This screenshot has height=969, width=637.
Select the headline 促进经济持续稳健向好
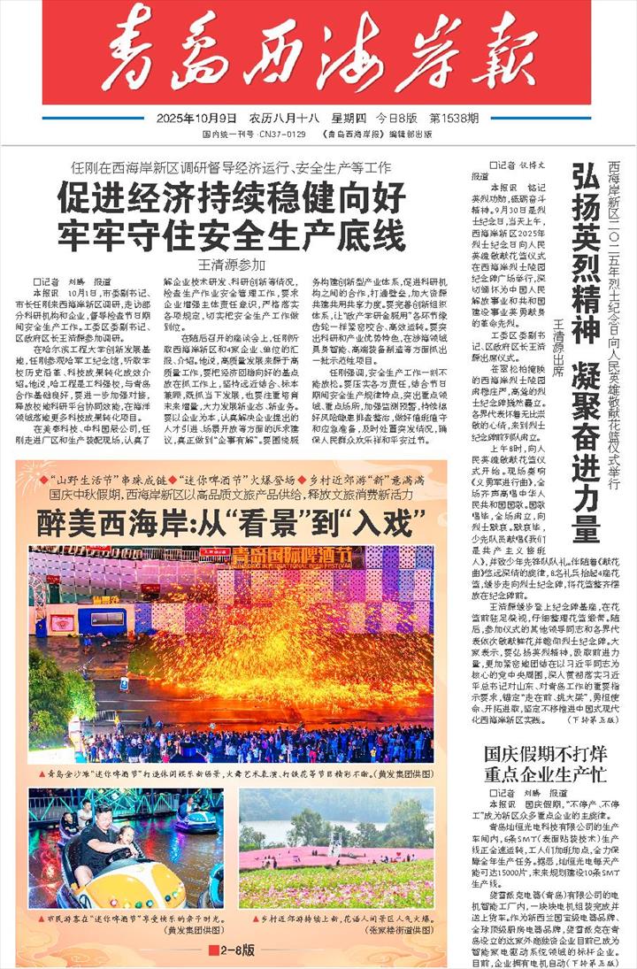232,196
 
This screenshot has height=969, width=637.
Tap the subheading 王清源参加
232,264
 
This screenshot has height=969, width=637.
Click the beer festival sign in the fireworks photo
280,558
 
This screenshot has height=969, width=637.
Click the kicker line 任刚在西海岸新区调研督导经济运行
232,166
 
